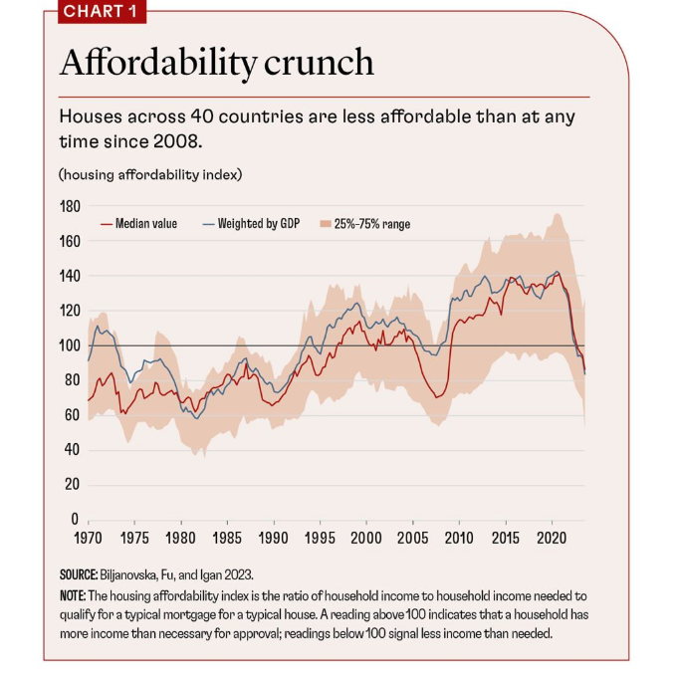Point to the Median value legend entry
tap(145, 224)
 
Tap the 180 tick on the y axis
tap(69, 206)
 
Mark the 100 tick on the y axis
tap(69, 345)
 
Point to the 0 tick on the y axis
tap(75, 520)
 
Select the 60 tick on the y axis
tap(72, 415)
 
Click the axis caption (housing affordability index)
tap(150, 174)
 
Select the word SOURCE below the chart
tap(78, 574)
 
